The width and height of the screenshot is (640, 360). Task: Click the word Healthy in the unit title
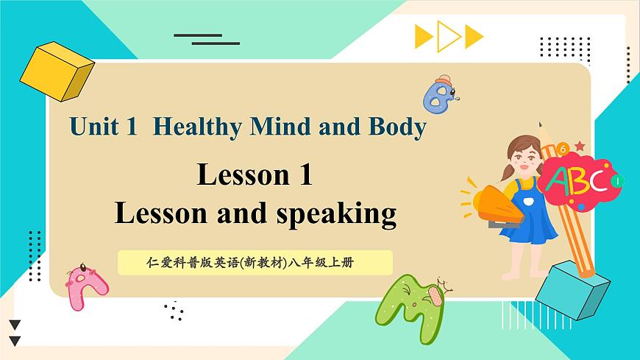coord(198,127)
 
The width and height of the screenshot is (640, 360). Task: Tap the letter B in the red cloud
coord(575,180)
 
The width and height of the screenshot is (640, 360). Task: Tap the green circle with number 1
coord(616,180)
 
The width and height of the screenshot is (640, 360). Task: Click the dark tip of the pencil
coord(541,125)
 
